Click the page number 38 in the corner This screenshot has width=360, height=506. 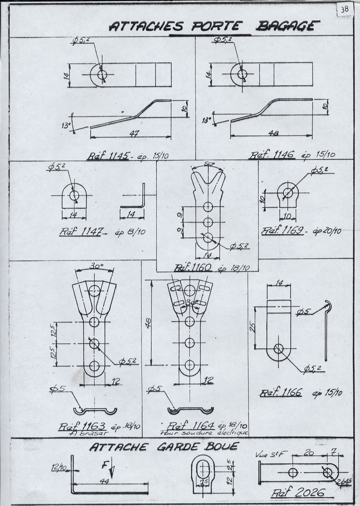click(x=344, y=9)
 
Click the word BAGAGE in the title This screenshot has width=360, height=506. click(x=288, y=26)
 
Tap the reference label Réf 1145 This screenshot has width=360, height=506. click(x=108, y=156)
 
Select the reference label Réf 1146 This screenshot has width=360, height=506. click(x=273, y=155)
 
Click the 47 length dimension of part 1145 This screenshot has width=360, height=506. click(x=135, y=133)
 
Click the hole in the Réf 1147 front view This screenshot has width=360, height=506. click(x=74, y=195)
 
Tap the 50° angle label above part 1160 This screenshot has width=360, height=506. click(x=209, y=164)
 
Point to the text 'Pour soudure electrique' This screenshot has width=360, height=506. click(x=204, y=432)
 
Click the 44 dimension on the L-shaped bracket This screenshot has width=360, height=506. click(x=105, y=481)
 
